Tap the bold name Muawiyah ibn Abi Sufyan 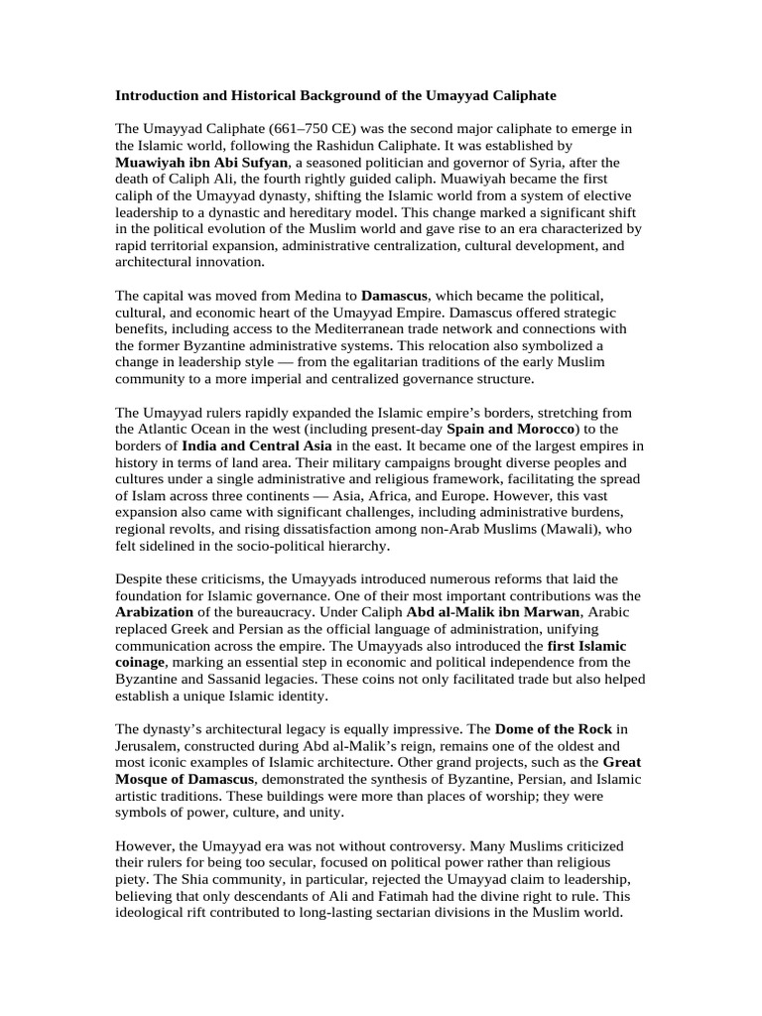(x=202, y=162)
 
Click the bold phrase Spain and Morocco (x=511, y=429)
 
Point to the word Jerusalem (x=150, y=746)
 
